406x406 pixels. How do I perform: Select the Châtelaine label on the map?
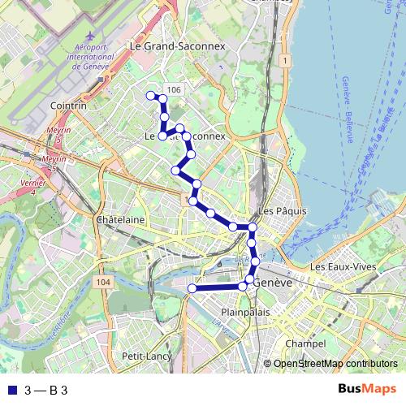(x=120, y=220)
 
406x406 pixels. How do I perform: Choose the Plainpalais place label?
(x=244, y=311)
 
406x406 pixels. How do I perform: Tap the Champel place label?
(x=305, y=343)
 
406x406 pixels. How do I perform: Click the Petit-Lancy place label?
(x=144, y=356)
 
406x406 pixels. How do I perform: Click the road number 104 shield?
(x=101, y=282)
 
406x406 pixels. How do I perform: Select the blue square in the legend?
(x=10, y=390)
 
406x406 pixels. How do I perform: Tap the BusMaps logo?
(x=366, y=389)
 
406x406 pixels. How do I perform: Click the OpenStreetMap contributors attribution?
(x=335, y=364)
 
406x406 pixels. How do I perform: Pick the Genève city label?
(x=272, y=283)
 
